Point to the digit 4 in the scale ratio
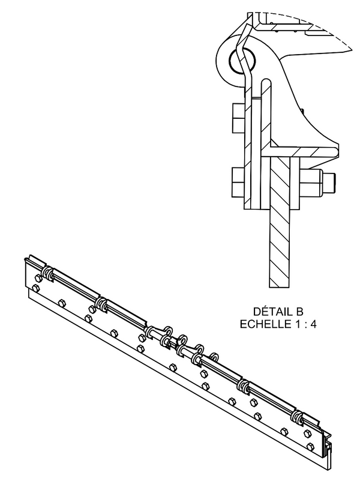click(x=313, y=324)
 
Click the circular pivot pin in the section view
click(x=242, y=61)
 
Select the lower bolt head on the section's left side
click(x=238, y=183)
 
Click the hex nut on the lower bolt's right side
click(x=311, y=183)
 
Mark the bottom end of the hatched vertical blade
click(x=280, y=287)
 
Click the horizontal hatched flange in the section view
click(x=299, y=152)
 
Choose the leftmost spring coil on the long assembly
click(x=48, y=274)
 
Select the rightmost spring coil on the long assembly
click(x=298, y=417)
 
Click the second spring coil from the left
click(x=101, y=304)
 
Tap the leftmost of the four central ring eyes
click(x=167, y=331)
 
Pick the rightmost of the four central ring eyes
click(x=214, y=357)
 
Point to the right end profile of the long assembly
click(x=326, y=454)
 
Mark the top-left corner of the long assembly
click(x=24, y=258)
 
